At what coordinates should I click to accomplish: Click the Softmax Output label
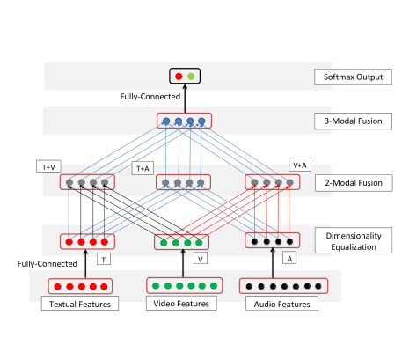pyautogui.click(x=353, y=77)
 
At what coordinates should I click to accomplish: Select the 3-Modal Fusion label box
pyautogui.click(x=353, y=121)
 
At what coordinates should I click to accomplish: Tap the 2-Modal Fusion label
pyautogui.click(x=354, y=183)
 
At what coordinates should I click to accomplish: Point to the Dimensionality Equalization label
pyautogui.click(x=354, y=240)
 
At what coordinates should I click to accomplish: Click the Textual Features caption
pyautogui.click(x=80, y=304)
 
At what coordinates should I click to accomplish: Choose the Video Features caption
pyautogui.click(x=181, y=303)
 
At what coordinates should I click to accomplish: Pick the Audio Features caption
pyautogui.click(x=281, y=304)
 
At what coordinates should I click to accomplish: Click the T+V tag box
pyautogui.click(x=48, y=166)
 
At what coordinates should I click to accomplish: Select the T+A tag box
pyautogui.click(x=143, y=168)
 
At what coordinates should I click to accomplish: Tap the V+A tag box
pyautogui.click(x=300, y=165)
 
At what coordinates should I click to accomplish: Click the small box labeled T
pyautogui.click(x=104, y=259)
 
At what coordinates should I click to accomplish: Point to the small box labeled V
pyautogui.click(x=201, y=258)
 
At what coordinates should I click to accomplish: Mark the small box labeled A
pyautogui.click(x=289, y=258)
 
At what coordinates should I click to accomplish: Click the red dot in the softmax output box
pyautogui.click(x=179, y=77)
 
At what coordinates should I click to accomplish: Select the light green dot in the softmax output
pyautogui.click(x=191, y=77)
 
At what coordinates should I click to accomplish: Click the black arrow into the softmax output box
pyautogui.click(x=185, y=99)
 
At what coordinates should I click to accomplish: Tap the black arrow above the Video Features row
pyautogui.click(x=183, y=263)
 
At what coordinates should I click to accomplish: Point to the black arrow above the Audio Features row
pyautogui.click(x=273, y=263)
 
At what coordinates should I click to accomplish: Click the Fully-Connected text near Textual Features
pyautogui.click(x=48, y=264)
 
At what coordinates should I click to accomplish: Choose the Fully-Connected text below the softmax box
pyautogui.click(x=150, y=97)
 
